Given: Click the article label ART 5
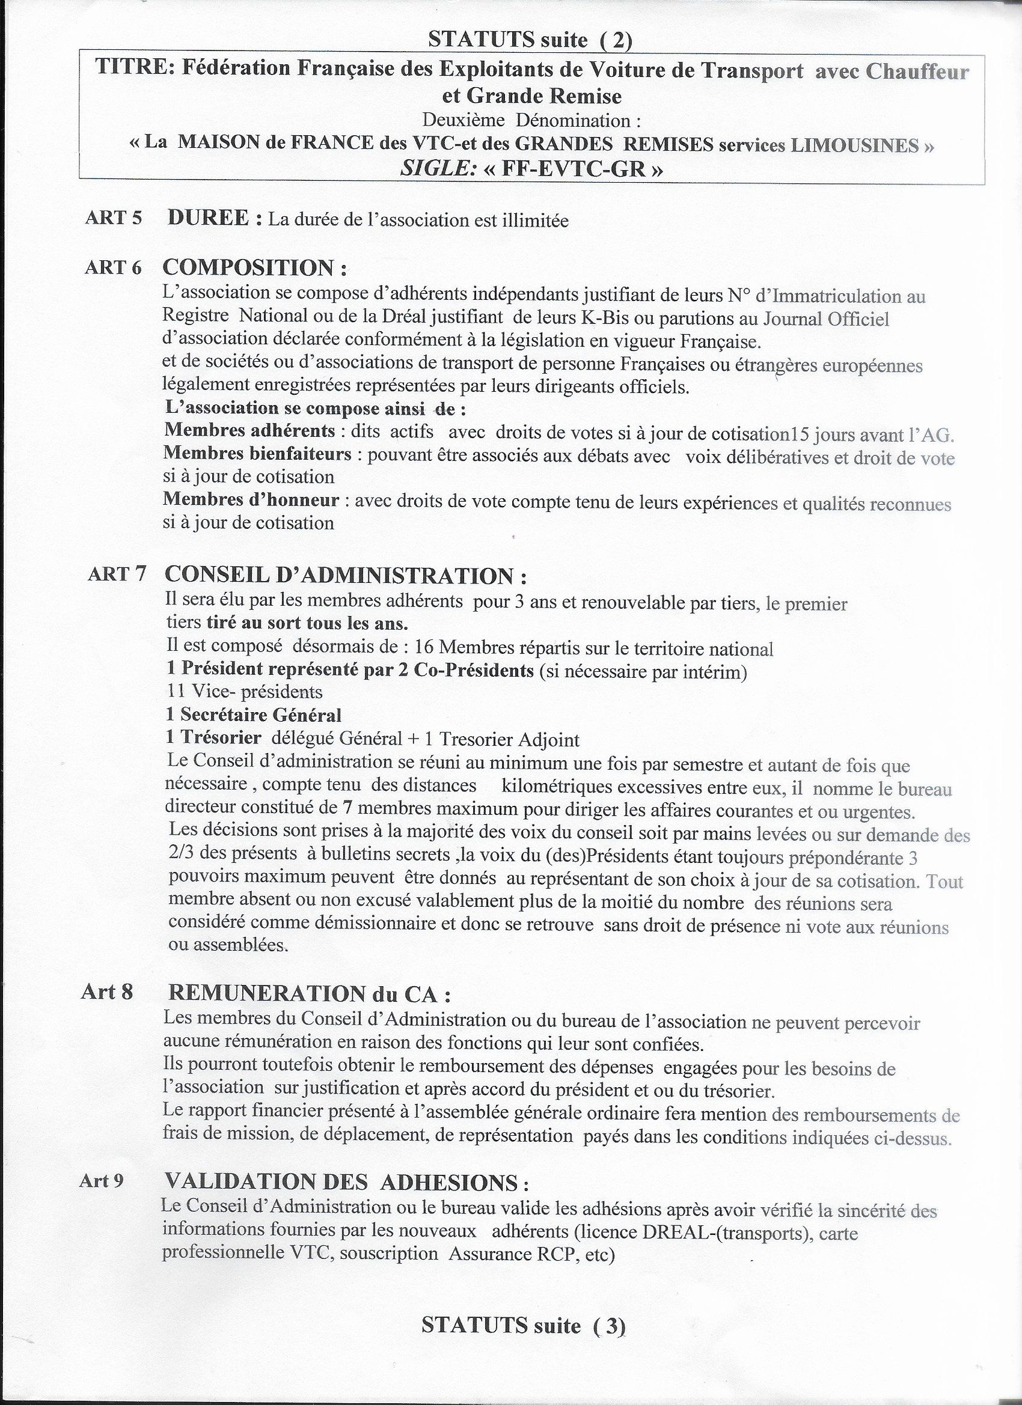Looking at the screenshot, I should click(x=114, y=218).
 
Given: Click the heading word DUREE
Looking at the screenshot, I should click(x=209, y=218).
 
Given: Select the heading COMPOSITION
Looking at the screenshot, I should click(x=254, y=267).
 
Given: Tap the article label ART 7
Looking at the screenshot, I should click(x=117, y=574).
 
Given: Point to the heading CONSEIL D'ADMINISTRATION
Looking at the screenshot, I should click(x=346, y=575).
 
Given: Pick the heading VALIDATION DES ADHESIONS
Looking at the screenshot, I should click(x=346, y=1183).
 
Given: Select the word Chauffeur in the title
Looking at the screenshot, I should click(x=917, y=72).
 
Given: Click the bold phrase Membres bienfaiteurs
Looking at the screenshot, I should click(x=258, y=454).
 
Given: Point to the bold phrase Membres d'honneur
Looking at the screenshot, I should click(x=252, y=499).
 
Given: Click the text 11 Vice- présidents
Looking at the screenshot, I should click(x=245, y=691).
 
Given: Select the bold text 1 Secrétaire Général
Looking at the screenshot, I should click(x=254, y=715).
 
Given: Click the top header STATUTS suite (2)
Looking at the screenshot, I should click(x=530, y=40).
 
